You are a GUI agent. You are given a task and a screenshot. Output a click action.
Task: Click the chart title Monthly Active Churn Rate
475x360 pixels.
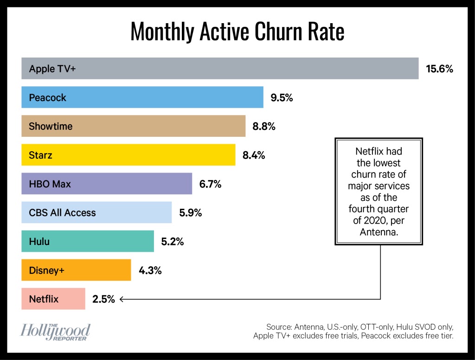point(237,32)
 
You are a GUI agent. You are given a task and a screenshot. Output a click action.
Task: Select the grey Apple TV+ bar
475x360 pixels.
point(220,69)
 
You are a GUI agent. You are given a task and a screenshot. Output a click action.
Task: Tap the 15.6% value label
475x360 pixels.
point(439,69)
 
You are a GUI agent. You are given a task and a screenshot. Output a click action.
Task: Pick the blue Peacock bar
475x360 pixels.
point(142,97)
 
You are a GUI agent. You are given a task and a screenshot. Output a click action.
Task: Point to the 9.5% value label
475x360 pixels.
point(282,98)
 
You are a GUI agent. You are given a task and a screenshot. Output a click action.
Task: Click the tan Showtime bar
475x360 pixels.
point(133,126)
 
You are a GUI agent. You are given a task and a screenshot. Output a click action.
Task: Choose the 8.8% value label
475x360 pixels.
point(264,127)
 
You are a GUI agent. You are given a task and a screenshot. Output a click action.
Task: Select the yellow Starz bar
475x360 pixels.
point(128,155)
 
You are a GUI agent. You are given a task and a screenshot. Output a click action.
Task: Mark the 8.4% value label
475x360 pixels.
point(254,155)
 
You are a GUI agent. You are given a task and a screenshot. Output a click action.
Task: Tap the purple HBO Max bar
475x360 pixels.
point(107,184)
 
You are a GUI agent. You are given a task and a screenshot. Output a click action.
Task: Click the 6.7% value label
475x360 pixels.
point(210,184)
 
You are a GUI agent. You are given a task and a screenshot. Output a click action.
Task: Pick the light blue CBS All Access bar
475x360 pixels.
point(96,212)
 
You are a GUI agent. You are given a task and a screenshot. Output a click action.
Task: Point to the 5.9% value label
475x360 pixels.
point(190,213)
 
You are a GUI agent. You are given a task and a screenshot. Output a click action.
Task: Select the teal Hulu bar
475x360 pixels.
point(88,241)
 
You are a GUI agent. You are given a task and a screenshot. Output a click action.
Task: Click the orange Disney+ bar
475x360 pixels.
point(76,270)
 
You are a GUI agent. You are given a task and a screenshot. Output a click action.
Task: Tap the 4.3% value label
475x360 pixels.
point(150,270)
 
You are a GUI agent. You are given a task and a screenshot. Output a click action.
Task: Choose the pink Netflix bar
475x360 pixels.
point(53,299)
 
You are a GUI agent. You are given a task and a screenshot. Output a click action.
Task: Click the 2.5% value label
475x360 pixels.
point(103,299)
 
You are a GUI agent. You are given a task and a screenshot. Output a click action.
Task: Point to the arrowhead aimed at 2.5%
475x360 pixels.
point(122,299)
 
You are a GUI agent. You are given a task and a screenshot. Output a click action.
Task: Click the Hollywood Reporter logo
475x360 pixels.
point(55,332)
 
